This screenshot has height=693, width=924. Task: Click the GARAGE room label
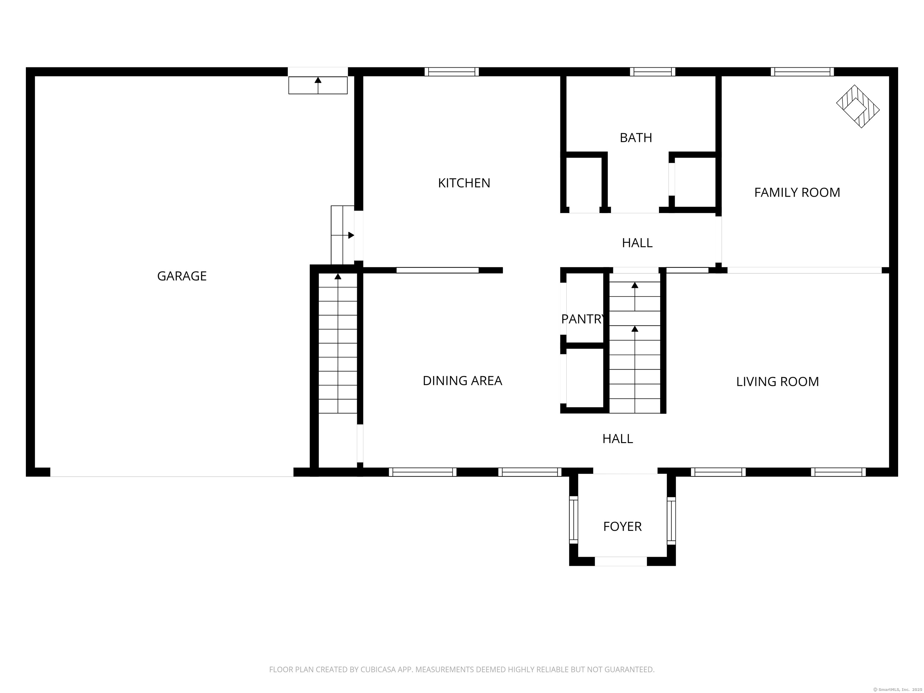[182, 276]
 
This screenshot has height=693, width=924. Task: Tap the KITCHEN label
[464, 183]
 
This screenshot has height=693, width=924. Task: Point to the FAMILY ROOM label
[796, 192]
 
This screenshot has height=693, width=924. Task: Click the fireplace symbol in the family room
[857, 106]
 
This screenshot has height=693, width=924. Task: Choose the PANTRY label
[582, 319]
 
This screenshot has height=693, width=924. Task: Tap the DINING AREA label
[462, 380]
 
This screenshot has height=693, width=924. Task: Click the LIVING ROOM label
[777, 381]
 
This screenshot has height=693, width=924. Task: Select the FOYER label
[622, 526]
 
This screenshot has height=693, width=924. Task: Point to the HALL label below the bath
[637, 243]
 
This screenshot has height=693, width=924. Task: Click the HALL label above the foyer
[618, 439]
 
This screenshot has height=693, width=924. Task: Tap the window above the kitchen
[451, 71]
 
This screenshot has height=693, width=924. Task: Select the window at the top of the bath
[652, 71]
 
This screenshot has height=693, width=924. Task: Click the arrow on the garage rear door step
[318, 81]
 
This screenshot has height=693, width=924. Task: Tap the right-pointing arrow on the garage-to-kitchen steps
[351, 235]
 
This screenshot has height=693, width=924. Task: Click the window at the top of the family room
[802, 71]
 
